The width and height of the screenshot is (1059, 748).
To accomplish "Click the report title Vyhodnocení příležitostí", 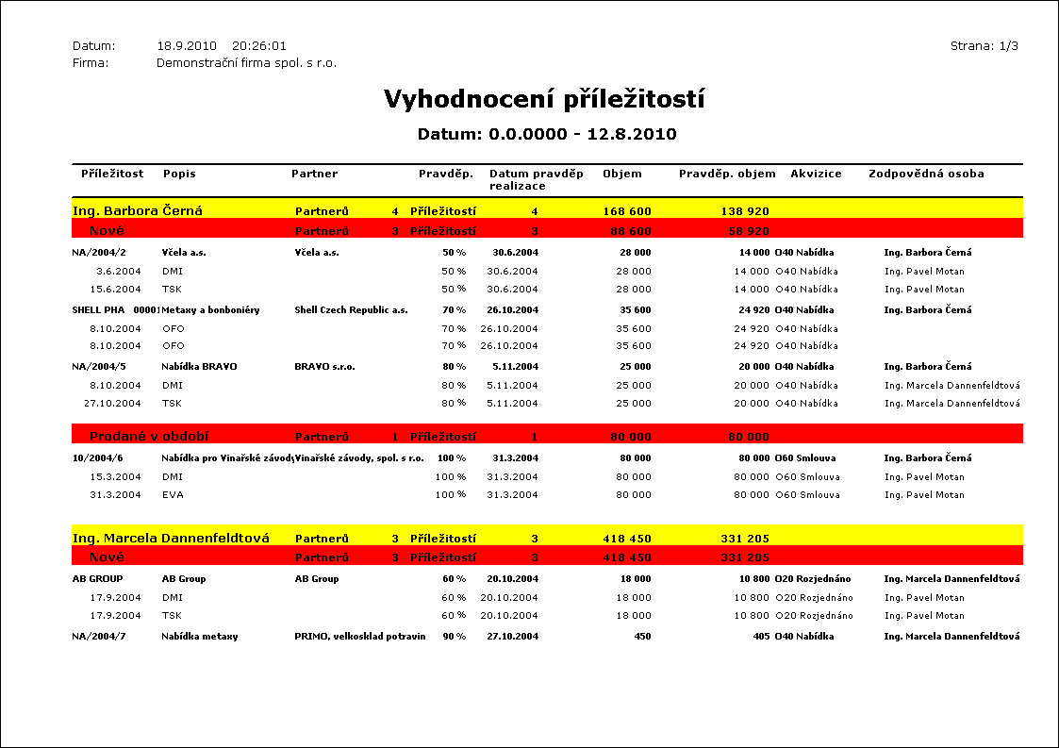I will tap(544, 100).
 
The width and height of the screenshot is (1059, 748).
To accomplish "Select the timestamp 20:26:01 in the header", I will tap(259, 45).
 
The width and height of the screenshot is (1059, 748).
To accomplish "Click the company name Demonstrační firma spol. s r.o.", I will tap(246, 63).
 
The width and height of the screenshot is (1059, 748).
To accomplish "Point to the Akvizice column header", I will tap(816, 174).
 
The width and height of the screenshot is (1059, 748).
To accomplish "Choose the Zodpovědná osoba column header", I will tap(926, 174).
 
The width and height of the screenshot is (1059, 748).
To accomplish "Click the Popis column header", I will tap(179, 174).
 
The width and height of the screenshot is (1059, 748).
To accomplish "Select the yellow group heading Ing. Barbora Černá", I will tap(138, 210).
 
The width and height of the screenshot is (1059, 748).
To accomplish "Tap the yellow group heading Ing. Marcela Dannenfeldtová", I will tap(171, 539).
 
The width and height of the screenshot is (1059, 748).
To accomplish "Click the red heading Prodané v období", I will tap(149, 437).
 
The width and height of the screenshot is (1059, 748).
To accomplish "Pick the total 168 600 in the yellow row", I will tap(627, 211).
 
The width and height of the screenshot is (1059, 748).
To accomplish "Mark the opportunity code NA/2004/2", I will tap(99, 253).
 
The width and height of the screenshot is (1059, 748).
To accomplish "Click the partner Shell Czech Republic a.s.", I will tap(351, 309).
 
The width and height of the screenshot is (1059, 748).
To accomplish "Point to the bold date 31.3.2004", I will tap(515, 457).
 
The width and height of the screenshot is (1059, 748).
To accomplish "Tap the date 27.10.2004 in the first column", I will tap(112, 403).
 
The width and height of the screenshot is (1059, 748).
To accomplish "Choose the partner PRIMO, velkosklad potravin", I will tap(359, 636).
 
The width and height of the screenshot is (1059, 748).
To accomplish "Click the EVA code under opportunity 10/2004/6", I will tap(173, 494).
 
